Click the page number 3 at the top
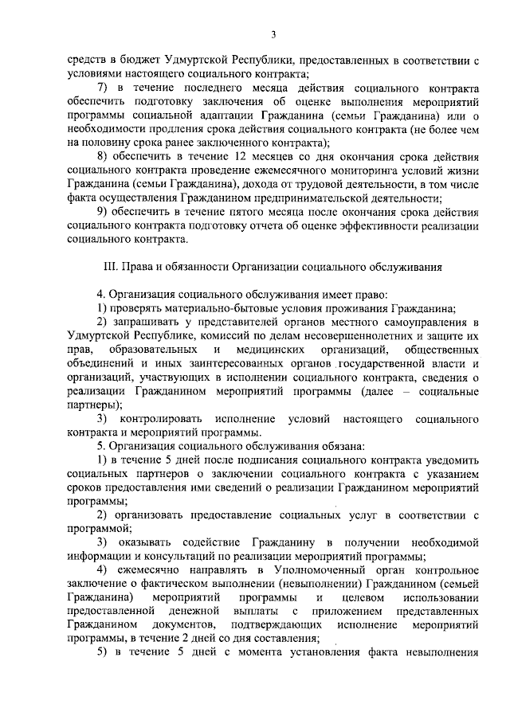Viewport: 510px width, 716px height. point(273,33)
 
